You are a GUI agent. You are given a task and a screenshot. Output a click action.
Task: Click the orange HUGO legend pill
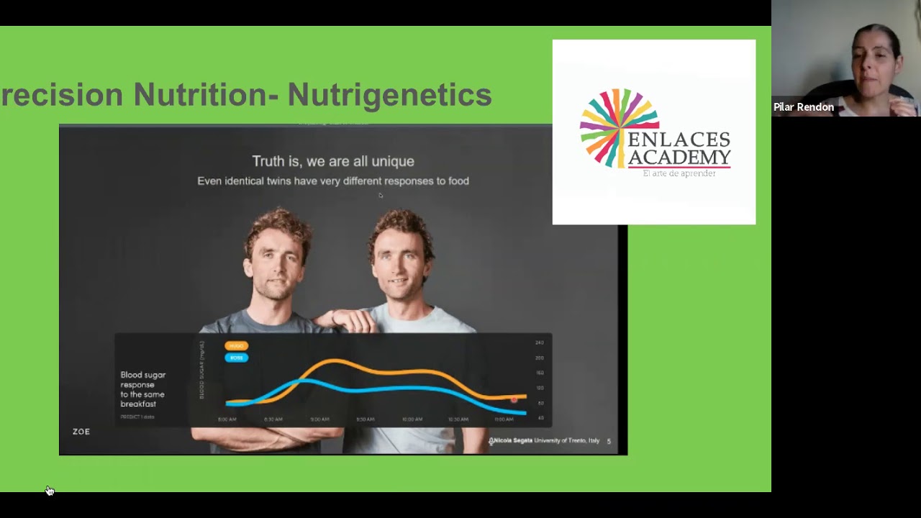pos(236,346)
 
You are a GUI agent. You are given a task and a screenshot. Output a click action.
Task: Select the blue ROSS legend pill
pos(236,358)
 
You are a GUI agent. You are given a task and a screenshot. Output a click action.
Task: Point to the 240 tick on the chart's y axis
pos(539,342)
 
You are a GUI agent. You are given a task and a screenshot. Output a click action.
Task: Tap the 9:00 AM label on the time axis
pos(319,419)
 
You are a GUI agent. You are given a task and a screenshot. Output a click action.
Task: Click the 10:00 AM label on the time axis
pos(412,419)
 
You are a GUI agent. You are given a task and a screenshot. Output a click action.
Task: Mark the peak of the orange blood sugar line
pos(332,360)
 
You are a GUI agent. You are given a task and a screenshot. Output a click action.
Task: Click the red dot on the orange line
pos(514,399)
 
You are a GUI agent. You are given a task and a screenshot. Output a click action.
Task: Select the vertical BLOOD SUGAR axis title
pos(202,371)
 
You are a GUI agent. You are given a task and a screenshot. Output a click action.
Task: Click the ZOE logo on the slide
pos(81,432)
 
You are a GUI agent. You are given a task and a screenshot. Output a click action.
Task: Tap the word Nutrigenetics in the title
pos(389,95)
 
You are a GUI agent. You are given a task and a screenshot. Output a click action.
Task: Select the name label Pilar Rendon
pos(804,107)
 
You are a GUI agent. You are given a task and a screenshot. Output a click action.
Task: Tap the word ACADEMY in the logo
pos(679,157)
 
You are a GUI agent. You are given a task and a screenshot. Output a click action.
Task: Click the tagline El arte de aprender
pos(679,173)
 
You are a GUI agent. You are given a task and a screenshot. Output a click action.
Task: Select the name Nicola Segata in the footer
pos(512,440)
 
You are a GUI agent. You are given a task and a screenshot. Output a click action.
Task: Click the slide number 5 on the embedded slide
pos(609,441)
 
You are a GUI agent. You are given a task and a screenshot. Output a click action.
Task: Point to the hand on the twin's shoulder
pos(345,317)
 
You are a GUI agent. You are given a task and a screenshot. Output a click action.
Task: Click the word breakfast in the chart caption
pos(138,404)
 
